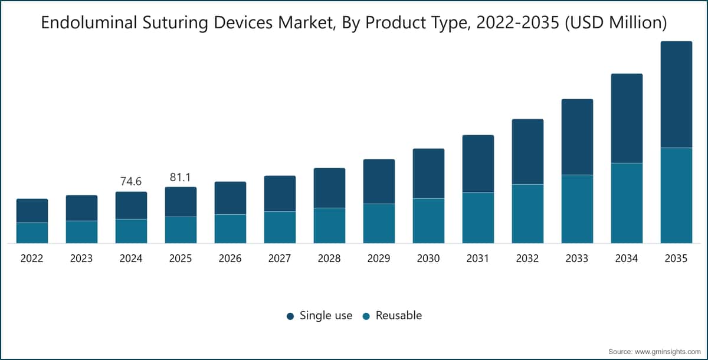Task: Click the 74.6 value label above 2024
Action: (131, 181)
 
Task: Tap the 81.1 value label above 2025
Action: (180, 177)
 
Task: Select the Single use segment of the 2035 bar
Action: (676, 94)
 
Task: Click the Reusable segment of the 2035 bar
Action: (676, 195)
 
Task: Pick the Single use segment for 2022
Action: (32, 211)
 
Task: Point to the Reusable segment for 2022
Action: (32, 233)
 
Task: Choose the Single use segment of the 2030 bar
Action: (428, 174)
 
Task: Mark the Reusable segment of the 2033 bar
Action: (577, 209)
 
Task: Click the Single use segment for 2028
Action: (329, 188)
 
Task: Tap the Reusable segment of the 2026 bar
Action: (231, 229)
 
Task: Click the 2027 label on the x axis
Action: (280, 258)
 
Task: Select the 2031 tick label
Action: (477, 258)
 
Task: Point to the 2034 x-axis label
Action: (627, 258)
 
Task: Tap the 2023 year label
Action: (81, 258)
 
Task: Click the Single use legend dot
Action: (290, 316)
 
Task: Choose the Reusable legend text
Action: (399, 315)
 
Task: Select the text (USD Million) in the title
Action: (616, 23)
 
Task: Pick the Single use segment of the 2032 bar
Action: (528, 152)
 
